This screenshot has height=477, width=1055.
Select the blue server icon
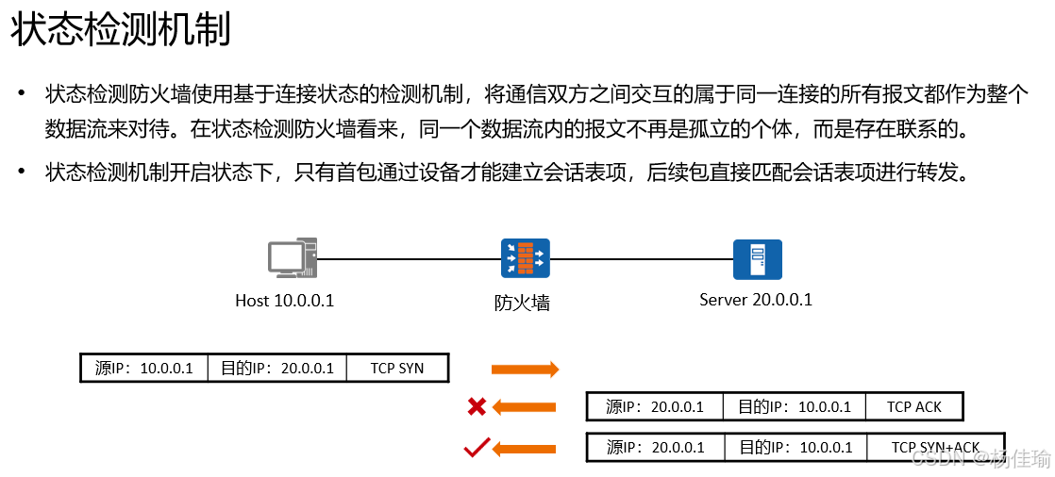tap(757, 259)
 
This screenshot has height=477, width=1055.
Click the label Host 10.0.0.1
tap(284, 302)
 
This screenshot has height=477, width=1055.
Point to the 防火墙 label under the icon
tap(522, 304)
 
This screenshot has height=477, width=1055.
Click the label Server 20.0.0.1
tap(755, 301)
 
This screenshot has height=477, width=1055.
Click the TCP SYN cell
tap(397, 368)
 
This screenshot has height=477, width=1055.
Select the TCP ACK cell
tap(913, 407)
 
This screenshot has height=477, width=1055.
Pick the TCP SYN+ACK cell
tap(935, 447)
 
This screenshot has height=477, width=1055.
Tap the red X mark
tap(477, 407)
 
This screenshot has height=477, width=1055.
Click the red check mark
tap(477, 447)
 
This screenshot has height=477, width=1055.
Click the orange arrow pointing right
tap(526, 369)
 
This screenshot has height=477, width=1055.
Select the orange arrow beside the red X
tap(525, 407)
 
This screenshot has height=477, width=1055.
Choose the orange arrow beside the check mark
tap(525, 448)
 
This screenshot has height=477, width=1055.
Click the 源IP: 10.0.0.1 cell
tap(144, 368)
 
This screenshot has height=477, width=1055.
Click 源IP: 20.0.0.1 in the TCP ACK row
tap(655, 407)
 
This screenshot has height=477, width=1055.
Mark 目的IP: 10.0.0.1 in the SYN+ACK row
tap(795, 447)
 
